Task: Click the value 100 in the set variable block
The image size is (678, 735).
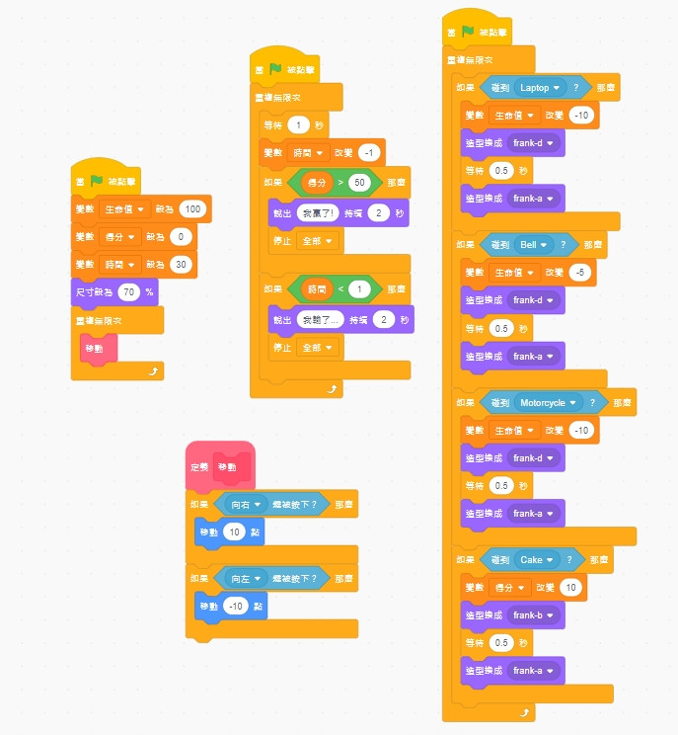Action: click(191, 209)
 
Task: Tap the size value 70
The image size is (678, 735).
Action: click(127, 292)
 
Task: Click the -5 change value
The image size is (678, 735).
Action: click(580, 272)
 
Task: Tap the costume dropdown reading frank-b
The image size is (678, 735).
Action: click(532, 614)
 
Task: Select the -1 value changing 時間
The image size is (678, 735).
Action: click(370, 153)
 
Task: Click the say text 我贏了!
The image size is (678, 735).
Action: click(318, 212)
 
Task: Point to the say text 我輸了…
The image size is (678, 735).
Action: click(321, 319)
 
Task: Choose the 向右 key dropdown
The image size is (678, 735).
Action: click(245, 504)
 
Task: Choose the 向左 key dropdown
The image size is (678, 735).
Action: click(245, 579)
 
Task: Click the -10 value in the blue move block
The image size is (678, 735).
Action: click(235, 606)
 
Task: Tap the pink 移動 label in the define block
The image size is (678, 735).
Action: click(227, 467)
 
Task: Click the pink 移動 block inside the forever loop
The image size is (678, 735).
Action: click(95, 349)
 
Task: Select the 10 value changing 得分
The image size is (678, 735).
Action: click(570, 588)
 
